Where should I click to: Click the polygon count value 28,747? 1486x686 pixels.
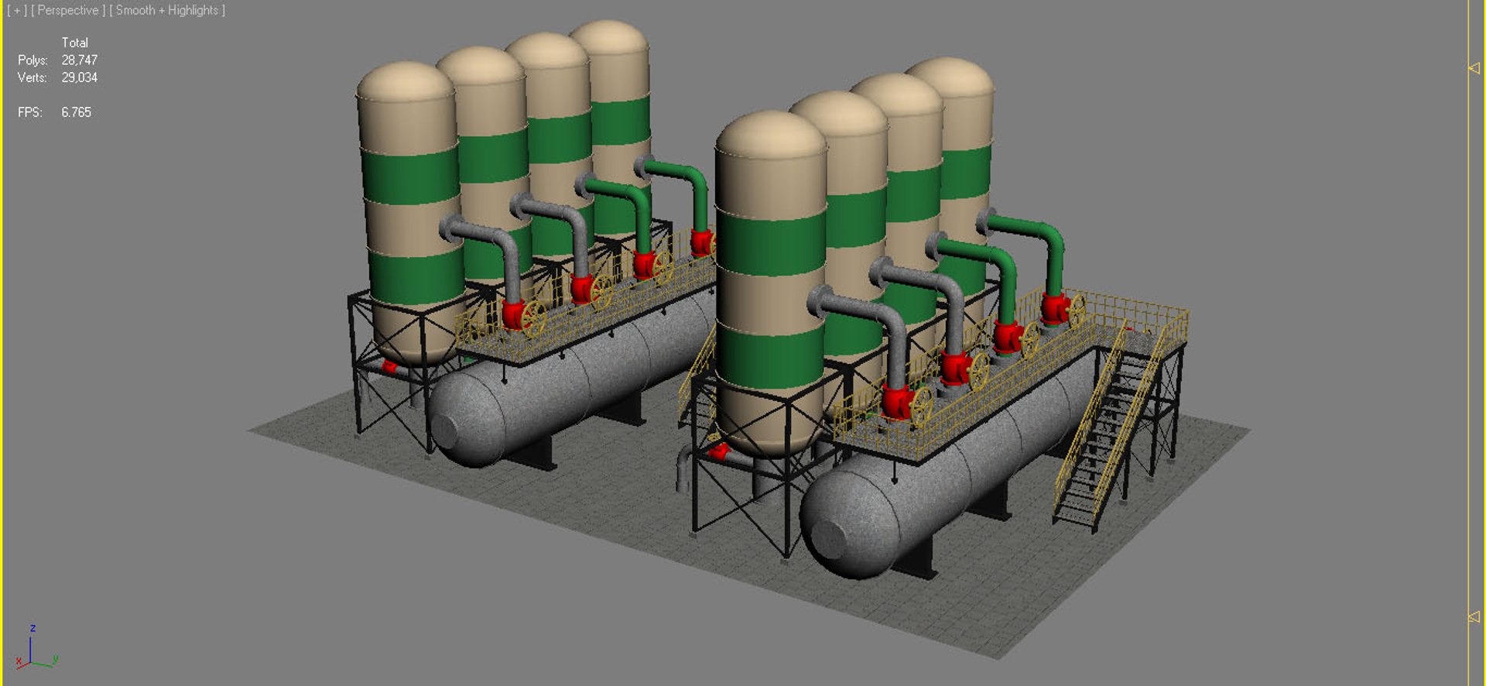click(x=79, y=60)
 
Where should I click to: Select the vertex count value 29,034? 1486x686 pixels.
click(x=79, y=77)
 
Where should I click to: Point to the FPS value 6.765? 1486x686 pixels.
click(x=76, y=112)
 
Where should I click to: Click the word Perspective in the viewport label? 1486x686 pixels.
click(x=67, y=10)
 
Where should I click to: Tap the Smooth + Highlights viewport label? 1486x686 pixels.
click(x=167, y=10)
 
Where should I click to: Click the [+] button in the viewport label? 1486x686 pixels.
click(x=16, y=10)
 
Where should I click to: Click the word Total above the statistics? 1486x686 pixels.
click(x=74, y=43)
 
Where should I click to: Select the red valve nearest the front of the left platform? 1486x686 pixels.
click(x=513, y=314)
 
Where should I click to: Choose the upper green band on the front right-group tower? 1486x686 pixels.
click(x=770, y=242)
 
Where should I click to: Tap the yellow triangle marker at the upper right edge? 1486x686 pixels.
click(x=1474, y=68)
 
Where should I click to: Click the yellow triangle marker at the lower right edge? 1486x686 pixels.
click(x=1474, y=617)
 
